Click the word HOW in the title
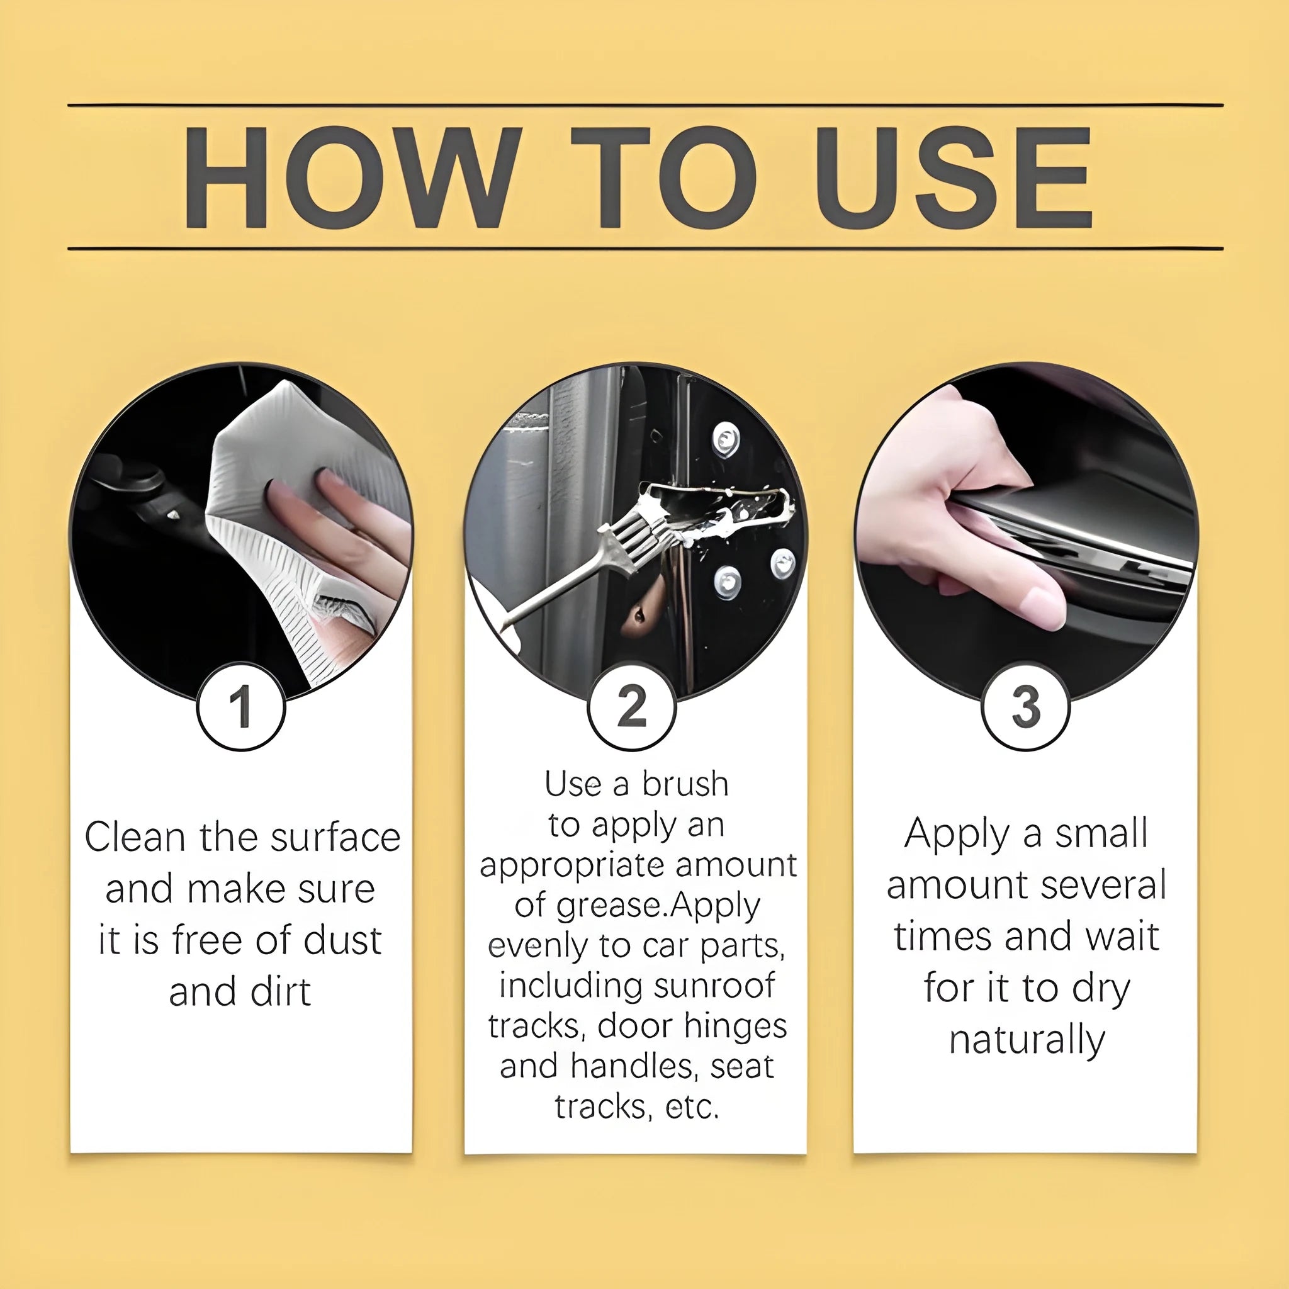351,178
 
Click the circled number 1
241,707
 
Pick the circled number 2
632,707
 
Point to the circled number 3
1025,707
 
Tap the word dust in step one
343,941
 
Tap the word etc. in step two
692,1107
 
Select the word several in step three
1102,886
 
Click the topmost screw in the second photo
725,438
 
